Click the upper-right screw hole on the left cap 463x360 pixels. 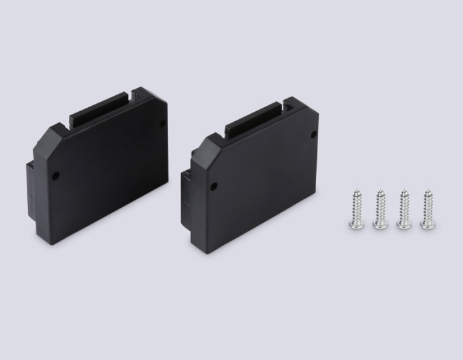pyautogui.click(x=162, y=122)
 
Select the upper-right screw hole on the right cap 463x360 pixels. pyautogui.click(x=314, y=134)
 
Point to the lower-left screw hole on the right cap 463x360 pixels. pyautogui.click(x=213, y=186)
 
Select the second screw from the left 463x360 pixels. pyautogui.click(x=380, y=210)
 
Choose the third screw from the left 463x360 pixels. pyautogui.click(x=403, y=210)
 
